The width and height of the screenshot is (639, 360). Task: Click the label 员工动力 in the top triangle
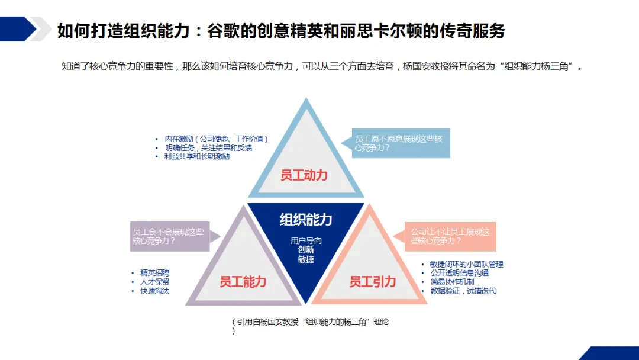304,175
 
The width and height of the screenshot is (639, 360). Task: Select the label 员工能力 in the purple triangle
243,282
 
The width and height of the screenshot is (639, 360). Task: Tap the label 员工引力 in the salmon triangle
373,282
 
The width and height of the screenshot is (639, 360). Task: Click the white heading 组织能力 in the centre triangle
306,220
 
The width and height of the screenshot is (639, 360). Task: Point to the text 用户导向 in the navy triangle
306,241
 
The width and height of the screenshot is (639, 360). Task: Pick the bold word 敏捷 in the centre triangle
306,259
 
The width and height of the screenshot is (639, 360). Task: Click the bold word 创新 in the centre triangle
306,250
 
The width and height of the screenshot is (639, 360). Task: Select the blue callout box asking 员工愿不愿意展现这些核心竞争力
401,143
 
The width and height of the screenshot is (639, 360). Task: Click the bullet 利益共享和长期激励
197,157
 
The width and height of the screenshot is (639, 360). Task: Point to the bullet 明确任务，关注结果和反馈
205,148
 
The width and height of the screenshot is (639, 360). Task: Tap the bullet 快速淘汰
154,291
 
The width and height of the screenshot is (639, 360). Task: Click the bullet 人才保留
154,282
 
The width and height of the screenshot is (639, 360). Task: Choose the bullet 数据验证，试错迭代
463,291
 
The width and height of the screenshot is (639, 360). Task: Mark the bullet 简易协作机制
452,282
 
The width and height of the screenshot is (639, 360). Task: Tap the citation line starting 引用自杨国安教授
313,322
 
